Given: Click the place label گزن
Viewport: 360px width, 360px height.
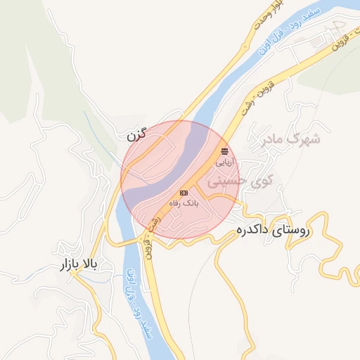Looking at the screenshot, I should pyautogui.click(x=137, y=134).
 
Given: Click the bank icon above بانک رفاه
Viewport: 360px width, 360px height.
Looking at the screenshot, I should pyautogui.click(x=184, y=193).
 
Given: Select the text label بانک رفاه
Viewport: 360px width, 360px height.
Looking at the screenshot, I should pyautogui.click(x=184, y=202).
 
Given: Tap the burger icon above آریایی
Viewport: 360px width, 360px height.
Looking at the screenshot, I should pyautogui.click(x=224, y=151).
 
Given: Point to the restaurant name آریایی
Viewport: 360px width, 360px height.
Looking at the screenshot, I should pyautogui.click(x=224, y=161).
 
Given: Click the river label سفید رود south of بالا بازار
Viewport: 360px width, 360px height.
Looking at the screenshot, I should pyautogui.click(x=144, y=320).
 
